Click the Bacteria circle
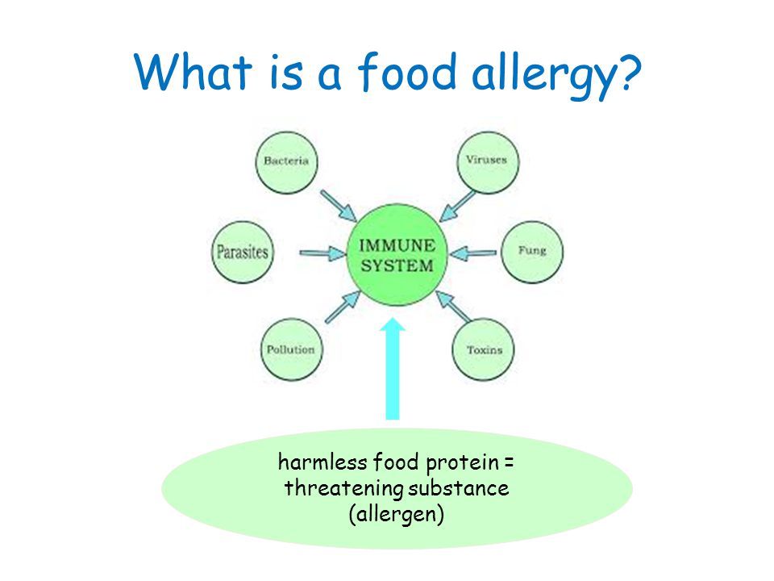286,161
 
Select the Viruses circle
486,161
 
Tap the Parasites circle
242,252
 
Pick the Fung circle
532,251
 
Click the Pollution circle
290,350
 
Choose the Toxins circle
483,350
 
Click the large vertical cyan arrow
393,371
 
